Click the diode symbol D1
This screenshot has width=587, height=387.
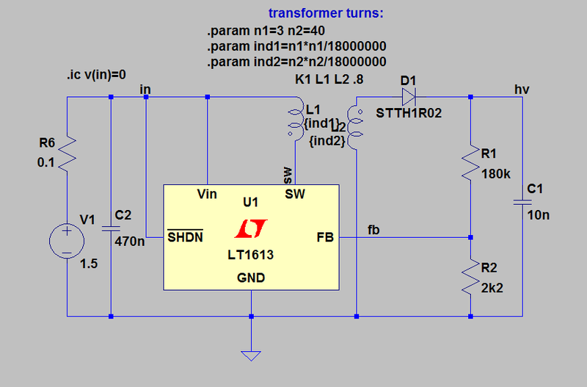tap(408, 96)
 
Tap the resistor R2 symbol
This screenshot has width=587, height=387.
tap(470, 278)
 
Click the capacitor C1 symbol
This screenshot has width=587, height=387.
tap(522, 200)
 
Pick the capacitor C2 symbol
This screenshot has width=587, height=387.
tap(110, 227)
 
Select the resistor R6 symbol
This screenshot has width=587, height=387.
tap(67, 155)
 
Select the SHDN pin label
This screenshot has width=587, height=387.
tap(185, 237)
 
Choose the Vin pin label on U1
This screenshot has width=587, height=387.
tap(208, 194)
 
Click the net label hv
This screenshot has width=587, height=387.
tap(522, 89)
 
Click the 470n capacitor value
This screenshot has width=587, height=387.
tap(130, 240)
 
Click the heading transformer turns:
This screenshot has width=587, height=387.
tap(326, 14)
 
